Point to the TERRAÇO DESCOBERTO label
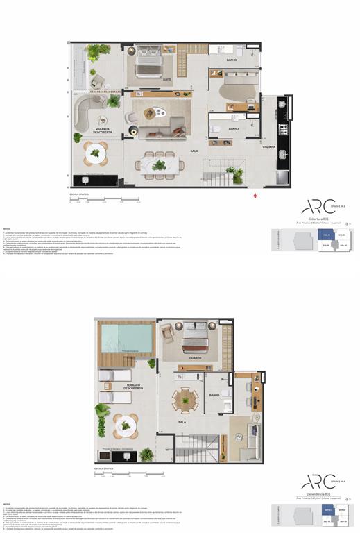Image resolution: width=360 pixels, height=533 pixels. [133, 386]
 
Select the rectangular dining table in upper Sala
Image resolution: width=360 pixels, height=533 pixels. [159, 164]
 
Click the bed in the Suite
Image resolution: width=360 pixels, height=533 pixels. [148, 62]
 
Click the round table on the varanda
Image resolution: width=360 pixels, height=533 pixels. [96, 153]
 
